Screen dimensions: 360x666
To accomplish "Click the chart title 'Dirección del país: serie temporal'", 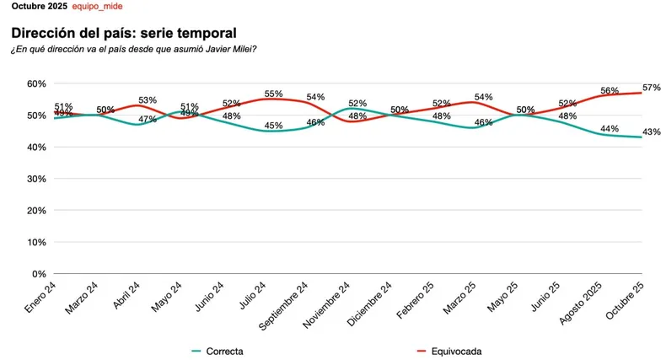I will (x=123, y=33).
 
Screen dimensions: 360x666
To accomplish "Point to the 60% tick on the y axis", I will (x=35, y=83).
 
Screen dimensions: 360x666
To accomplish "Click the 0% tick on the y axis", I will (x=38, y=274).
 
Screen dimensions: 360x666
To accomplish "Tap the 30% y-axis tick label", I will (x=35, y=179).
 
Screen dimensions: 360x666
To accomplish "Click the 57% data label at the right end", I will (x=651, y=88).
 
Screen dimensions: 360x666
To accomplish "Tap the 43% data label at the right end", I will (x=651, y=132).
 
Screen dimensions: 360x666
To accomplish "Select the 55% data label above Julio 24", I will (x=273, y=94).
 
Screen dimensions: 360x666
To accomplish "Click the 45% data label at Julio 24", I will (x=273, y=126).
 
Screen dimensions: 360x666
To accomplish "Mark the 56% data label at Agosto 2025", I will (x=610, y=90).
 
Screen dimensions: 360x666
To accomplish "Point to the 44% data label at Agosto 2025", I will (x=610, y=128).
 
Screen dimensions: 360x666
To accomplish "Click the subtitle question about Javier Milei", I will (x=133, y=49).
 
